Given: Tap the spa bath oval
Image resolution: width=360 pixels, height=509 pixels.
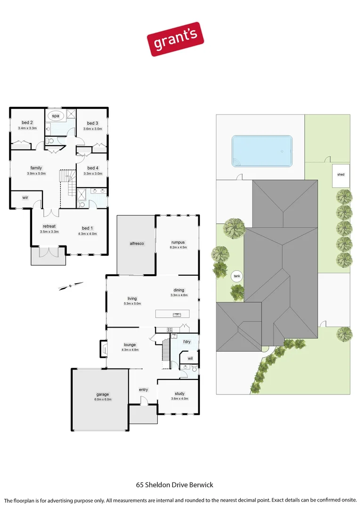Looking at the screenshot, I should click(56, 115).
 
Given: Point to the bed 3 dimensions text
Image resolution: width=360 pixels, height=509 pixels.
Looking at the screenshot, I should click(92, 129).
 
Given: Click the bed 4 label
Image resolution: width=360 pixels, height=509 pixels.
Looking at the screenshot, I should click(93, 168).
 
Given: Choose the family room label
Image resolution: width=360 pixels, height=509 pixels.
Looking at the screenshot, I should click(36, 168).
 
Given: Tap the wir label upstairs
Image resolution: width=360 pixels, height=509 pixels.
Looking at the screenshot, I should click(25, 197).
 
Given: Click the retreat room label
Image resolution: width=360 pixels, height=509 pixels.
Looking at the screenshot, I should click(49, 226).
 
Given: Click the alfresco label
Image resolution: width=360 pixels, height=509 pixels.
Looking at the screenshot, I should click(137, 243).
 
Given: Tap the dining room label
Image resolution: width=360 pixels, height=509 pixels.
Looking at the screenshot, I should click(179, 290).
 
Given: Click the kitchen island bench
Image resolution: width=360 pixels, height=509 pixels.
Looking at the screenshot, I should click(172, 314).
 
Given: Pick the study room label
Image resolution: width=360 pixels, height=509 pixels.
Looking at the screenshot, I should click(179, 393).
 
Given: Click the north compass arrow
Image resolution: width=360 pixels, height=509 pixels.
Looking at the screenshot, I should click(70, 285).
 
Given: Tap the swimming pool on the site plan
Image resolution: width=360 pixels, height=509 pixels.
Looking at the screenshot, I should click(262, 151).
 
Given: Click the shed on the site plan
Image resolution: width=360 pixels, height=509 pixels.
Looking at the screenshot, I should click(341, 175).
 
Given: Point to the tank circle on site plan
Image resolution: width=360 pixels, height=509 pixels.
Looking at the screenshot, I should click(237, 277).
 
